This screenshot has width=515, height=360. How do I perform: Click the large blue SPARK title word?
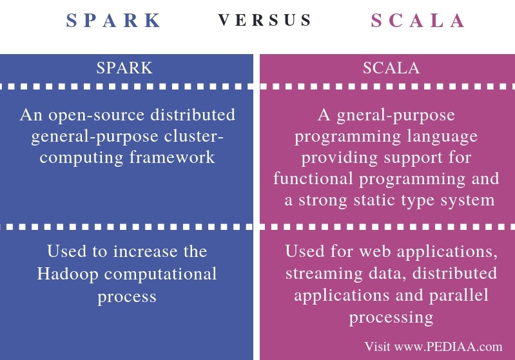(x=114, y=21)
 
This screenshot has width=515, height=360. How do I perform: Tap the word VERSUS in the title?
(x=265, y=21)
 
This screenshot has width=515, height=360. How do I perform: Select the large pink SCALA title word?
(x=418, y=21)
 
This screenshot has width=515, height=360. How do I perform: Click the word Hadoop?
(x=68, y=273)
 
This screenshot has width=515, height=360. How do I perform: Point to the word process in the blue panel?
(x=127, y=296)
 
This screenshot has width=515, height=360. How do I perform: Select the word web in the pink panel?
(x=367, y=251)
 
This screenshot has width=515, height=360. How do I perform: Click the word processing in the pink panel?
(x=391, y=316)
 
